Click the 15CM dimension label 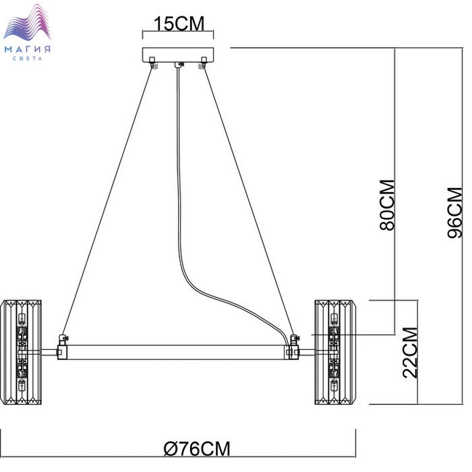click(178, 24)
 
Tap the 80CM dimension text click(387, 205)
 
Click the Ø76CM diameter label click(197, 448)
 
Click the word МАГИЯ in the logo click(30, 49)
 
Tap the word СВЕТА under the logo click(30, 59)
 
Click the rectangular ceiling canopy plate click(177, 55)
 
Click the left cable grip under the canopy click(154, 65)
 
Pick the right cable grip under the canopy click(201, 65)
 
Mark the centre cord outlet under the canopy click(178, 65)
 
